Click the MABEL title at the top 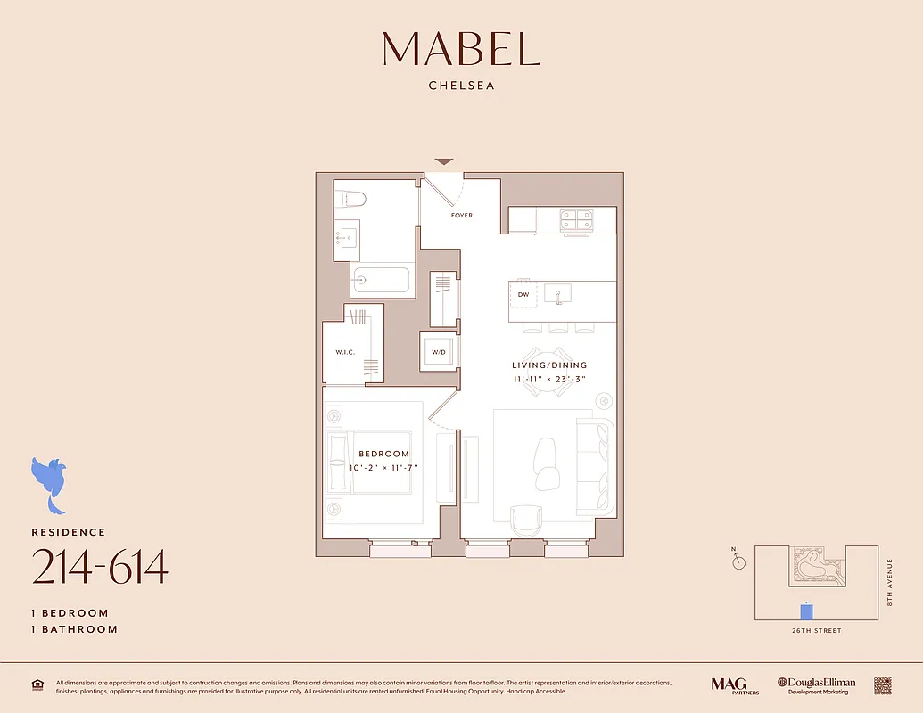pyautogui.click(x=461, y=49)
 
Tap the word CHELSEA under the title pyautogui.click(x=461, y=86)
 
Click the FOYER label pyautogui.click(x=461, y=216)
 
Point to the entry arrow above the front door pyautogui.click(x=444, y=161)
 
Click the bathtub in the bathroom pyautogui.click(x=380, y=280)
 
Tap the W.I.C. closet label pyautogui.click(x=345, y=352)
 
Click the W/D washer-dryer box pyautogui.click(x=439, y=352)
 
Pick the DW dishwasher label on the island pyautogui.click(x=523, y=294)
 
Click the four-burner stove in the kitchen pyautogui.click(x=576, y=218)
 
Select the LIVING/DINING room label pyautogui.click(x=549, y=365)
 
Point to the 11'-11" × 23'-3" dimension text pyautogui.click(x=549, y=379)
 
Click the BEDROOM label pyautogui.click(x=384, y=455)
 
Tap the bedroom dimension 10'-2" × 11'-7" pyautogui.click(x=384, y=467)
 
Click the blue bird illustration pyautogui.click(x=50, y=482)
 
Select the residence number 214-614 pyautogui.click(x=100, y=568)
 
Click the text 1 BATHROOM pyautogui.click(x=75, y=629)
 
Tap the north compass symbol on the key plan pyautogui.click(x=738, y=561)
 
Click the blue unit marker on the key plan pyautogui.click(x=806, y=611)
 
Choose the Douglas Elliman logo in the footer pyautogui.click(x=816, y=684)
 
